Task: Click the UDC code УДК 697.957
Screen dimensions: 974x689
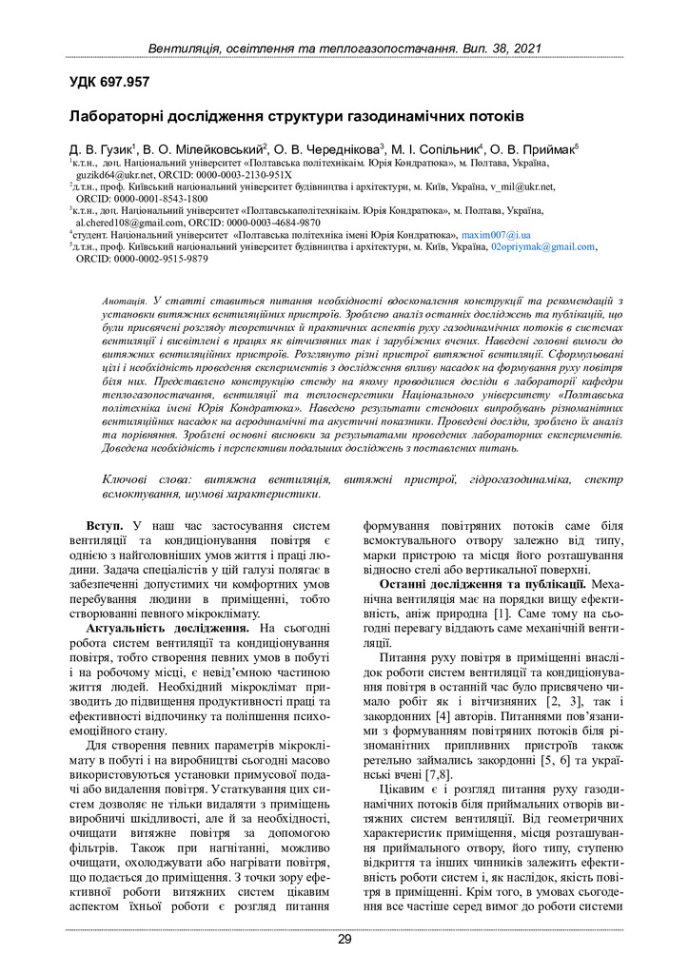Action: [109, 83]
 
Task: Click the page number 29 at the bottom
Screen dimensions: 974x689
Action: [344, 940]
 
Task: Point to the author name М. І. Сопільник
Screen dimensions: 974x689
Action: [434, 150]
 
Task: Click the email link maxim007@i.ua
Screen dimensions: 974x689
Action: [496, 234]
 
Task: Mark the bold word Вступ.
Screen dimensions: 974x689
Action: [104, 525]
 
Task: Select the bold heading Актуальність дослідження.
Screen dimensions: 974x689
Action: [167, 629]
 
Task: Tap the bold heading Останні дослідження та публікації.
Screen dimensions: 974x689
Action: [482, 583]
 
